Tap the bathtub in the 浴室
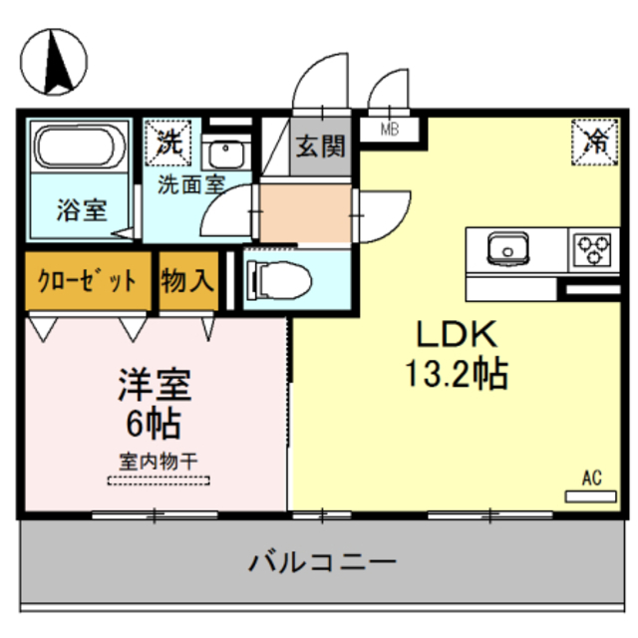pos(81,148)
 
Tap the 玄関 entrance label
pos(320,146)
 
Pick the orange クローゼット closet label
pos(87,280)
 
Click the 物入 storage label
pos(187,280)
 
